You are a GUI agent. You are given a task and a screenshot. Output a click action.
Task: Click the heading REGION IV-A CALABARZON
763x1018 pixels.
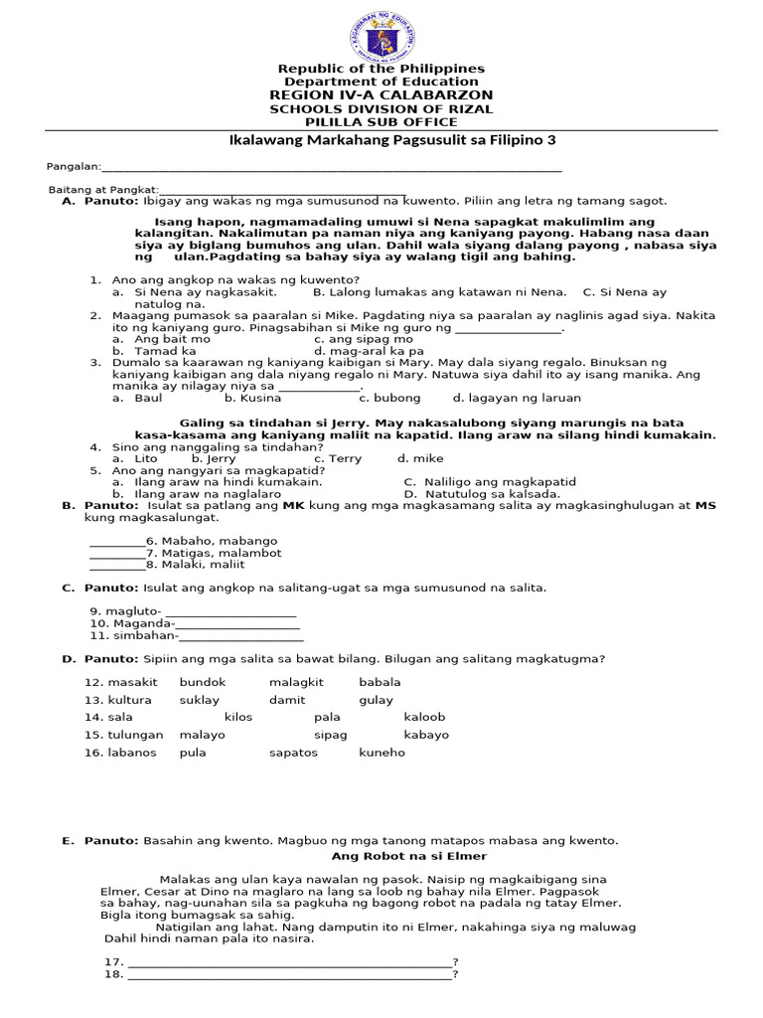[x=381, y=94]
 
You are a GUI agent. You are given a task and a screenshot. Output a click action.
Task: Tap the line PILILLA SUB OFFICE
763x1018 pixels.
[x=381, y=122]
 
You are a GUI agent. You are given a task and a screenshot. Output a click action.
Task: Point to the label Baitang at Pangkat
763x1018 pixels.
[x=103, y=189]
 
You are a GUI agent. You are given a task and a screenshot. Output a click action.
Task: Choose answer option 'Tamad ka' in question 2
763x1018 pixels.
[x=165, y=351]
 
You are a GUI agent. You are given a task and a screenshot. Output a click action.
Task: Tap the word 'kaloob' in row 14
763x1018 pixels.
[x=424, y=717]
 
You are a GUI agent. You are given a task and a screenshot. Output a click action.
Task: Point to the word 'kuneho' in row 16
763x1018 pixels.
[x=381, y=753]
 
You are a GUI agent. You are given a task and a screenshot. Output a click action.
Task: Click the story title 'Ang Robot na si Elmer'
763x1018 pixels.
[x=408, y=856]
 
